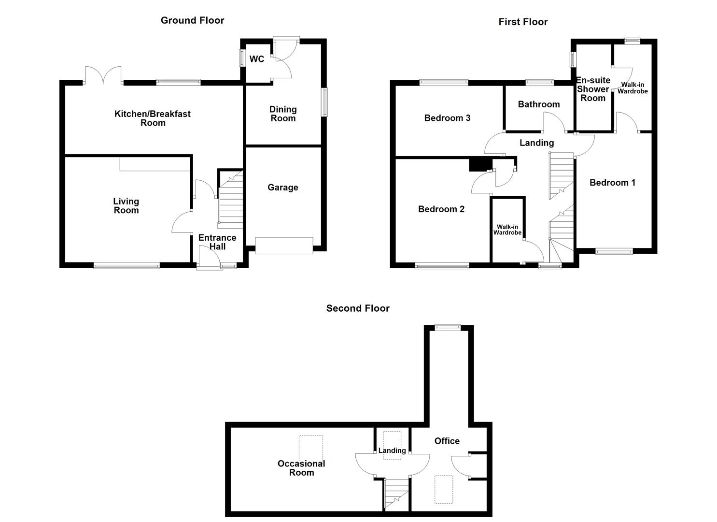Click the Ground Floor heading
192,20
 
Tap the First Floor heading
523,22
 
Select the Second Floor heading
358,308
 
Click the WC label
257,59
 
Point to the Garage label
282,188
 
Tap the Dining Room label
283,114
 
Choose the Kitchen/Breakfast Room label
153,118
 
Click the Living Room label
126,206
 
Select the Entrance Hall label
217,242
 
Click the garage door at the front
284,246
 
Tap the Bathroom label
539,104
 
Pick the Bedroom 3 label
447,118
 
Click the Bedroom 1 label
612,183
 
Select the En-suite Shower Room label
593,89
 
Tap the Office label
447,441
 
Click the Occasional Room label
301,468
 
